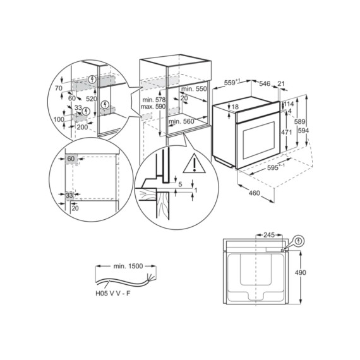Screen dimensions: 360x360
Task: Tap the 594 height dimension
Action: click(x=303, y=130)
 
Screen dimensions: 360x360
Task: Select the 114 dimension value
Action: click(x=289, y=104)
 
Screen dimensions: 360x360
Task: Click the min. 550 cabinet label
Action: click(x=193, y=90)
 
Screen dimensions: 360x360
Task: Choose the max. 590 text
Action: click(x=152, y=108)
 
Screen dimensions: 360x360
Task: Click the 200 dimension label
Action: click(x=83, y=126)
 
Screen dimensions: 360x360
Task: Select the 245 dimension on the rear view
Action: click(x=268, y=235)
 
